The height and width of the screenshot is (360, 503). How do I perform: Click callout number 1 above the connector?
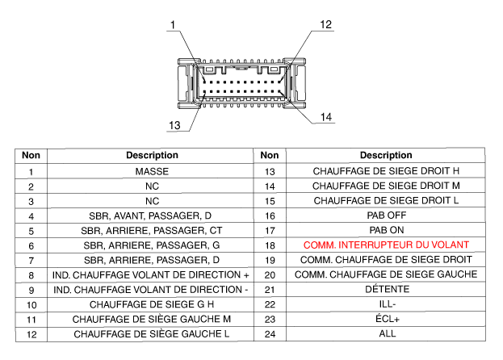click(x=172, y=26)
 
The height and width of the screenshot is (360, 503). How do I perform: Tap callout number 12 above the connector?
click(x=325, y=25)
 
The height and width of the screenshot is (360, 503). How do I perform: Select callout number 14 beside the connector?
click(x=326, y=117)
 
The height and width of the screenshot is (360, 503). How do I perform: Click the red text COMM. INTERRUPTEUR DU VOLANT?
click(x=386, y=245)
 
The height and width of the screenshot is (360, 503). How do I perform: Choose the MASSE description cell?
click(x=152, y=172)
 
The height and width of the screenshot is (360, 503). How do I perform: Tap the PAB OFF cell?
click(x=386, y=216)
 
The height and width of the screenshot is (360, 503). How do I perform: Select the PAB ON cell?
click(x=386, y=230)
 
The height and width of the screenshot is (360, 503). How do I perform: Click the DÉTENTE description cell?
click(x=386, y=289)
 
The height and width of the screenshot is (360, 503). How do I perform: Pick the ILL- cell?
click(x=386, y=303)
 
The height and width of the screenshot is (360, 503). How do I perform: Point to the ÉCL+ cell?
click(x=386, y=318)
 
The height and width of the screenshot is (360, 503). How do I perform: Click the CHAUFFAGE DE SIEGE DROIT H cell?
click(x=386, y=172)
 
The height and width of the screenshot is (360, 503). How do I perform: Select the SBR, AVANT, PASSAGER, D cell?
click(x=152, y=216)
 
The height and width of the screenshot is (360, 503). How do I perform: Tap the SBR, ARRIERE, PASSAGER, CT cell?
click(x=152, y=230)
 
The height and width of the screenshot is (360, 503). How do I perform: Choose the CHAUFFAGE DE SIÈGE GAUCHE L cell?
click(x=152, y=333)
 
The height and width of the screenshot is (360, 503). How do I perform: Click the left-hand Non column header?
click(x=31, y=155)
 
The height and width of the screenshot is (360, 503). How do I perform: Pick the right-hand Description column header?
click(x=386, y=155)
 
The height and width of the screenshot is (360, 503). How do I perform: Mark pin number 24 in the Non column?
click(x=270, y=333)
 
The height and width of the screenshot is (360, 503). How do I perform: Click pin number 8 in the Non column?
click(x=31, y=274)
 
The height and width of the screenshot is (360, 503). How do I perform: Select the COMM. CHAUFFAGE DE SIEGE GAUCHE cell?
click(x=386, y=274)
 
